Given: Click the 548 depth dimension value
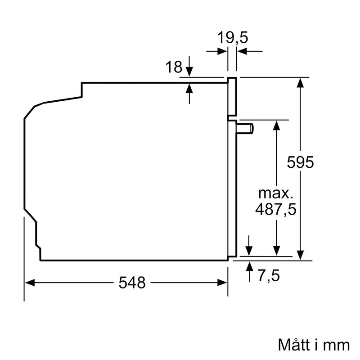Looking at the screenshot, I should (x=132, y=283).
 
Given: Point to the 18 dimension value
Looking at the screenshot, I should (x=174, y=67).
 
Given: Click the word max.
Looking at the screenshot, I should (x=275, y=194).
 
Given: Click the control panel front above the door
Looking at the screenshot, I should (x=232, y=95).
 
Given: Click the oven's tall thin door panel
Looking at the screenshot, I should (x=232, y=189).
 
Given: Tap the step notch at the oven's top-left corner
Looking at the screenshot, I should (x=82, y=89).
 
